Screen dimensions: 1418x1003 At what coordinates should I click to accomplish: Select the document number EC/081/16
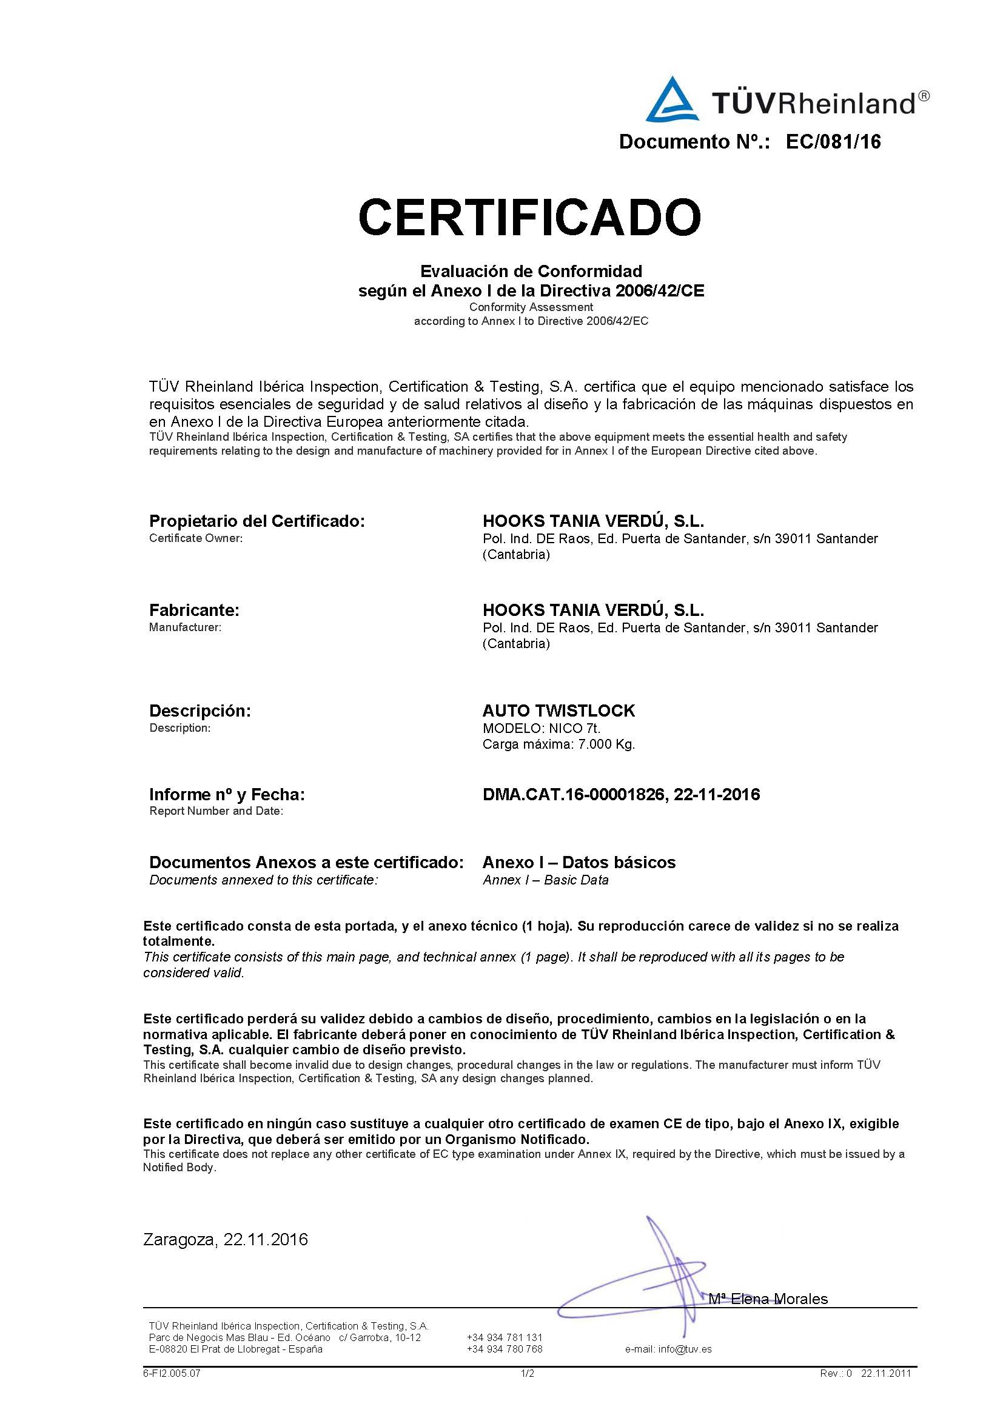833,142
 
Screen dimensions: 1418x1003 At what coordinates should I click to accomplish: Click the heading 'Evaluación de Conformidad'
531,271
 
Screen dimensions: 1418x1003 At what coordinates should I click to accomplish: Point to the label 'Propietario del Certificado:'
257,521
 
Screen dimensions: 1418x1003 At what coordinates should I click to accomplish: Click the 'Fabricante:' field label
194,610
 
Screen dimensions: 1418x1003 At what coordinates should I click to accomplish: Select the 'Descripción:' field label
200,711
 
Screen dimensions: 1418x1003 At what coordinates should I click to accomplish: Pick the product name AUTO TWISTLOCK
559,711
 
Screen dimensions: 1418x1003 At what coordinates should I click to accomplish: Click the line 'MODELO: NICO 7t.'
541,729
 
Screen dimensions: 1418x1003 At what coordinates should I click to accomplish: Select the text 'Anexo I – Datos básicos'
579,862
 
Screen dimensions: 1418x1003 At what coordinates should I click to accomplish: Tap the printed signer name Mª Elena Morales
768,1299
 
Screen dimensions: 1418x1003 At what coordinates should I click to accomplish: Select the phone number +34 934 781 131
505,1338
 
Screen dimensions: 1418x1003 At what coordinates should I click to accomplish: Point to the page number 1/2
527,1374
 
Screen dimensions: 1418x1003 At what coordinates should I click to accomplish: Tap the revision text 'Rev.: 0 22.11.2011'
865,1374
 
